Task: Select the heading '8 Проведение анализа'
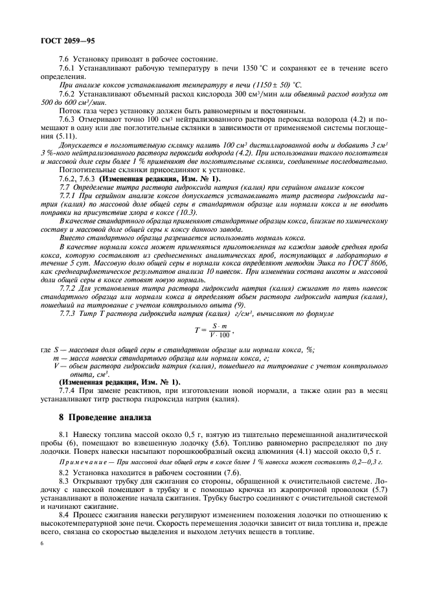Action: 104,418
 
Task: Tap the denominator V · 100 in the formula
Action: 220,335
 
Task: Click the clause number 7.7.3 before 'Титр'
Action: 68,313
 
